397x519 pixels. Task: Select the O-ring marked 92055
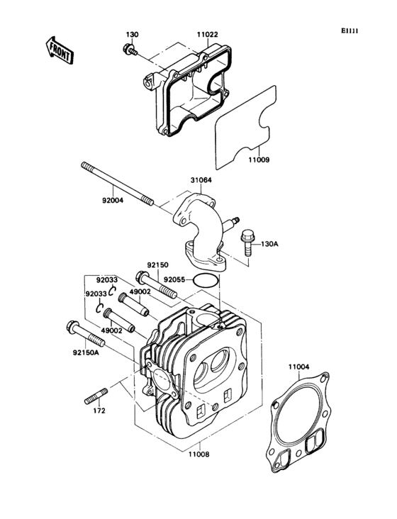(206, 280)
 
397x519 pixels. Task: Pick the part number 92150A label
(85, 350)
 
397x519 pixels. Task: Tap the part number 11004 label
(298, 367)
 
